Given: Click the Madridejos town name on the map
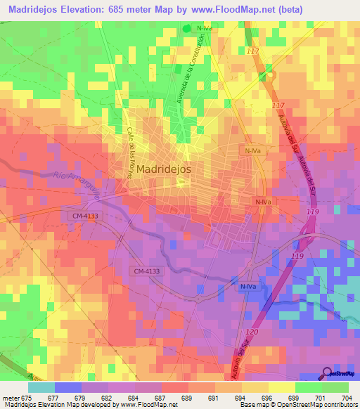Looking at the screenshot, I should coord(164,169).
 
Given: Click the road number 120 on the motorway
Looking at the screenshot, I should coord(253,332).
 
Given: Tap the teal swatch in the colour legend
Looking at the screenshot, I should coord(41,387).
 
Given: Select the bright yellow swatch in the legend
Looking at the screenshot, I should coord(282,387).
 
